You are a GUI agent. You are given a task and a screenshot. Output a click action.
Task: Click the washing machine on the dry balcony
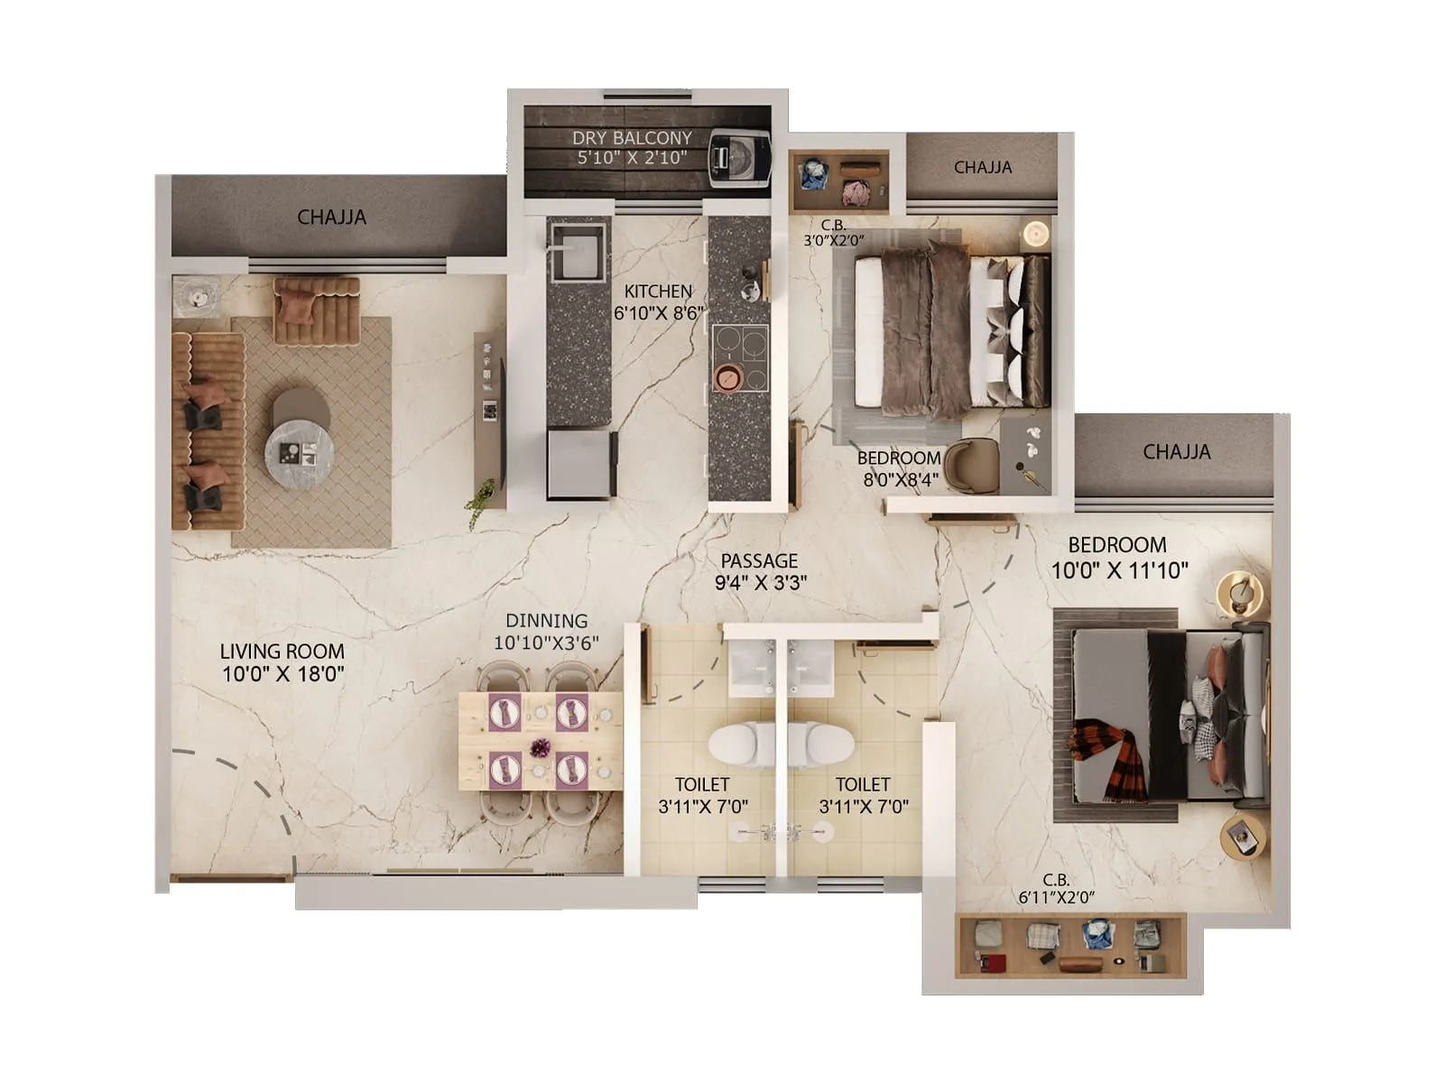pyautogui.click(x=738, y=159)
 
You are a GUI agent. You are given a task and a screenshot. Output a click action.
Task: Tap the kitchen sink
pyautogui.click(x=575, y=252)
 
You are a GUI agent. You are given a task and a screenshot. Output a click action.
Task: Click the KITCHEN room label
pyautogui.click(x=658, y=292)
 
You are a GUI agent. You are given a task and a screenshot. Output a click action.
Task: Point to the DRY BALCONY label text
pyautogui.click(x=632, y=138)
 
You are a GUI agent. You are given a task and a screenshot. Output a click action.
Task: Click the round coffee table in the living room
pyautogui.click(x=299, y=449)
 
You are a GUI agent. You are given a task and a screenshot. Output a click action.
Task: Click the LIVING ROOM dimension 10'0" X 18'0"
pyautogui.click(x=282, y=673)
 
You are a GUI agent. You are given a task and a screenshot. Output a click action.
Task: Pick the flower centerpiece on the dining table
pyautogui.click(x=540, y=747)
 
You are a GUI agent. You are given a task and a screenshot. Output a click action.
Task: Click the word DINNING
pyautogui.click(x=546, y=621)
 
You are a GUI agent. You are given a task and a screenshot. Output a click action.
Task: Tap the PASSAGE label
pyautogui.click(x=759, y=560)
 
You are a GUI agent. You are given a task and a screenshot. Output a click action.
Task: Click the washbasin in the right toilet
pyautogui.click(x=810, y=669)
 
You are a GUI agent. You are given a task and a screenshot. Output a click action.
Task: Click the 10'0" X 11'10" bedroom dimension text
pyautogui.click(x=1119, y=570)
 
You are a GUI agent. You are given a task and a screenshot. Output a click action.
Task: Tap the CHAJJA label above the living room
pyautogui.click(x=331, y=218)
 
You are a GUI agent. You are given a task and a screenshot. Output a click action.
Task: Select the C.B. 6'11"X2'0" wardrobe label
pyautogui.click(x=1056, y=888)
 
